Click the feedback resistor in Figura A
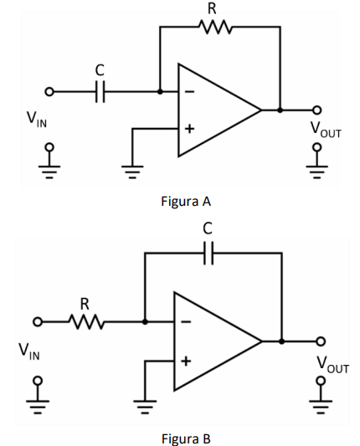tap(215, 27)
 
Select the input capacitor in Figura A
tap(100, 91)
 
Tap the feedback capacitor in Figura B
tap(208, 253)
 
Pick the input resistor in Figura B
tap(87, 322)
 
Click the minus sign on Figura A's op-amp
tap(189, 91)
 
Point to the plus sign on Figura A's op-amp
tap(189, 129)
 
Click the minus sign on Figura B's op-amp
tap(186, 322)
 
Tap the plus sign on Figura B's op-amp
tap(186, 361)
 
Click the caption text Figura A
tap(186, 202)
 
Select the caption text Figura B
tap(186, 438)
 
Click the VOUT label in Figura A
tap(326, 130)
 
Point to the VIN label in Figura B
tap(29, 351)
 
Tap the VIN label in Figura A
tap(37, 120)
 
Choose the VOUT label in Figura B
tap(332, 365)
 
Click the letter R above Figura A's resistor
tap(212, 9)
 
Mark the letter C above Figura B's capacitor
tap(208, 229)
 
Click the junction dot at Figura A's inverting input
tap(160, 91)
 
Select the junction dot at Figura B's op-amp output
tap(281, 341)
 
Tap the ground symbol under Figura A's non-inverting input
tap(132, 172)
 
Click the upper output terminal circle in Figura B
tap(321, 341)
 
